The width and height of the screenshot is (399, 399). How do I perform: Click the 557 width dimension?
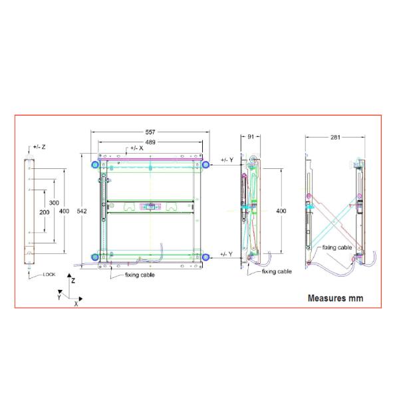click(x=150, y=132)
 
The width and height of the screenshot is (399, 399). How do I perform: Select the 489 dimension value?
click(x=150, y=142)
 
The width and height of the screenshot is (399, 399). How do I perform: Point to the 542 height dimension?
click(x=82, y=211)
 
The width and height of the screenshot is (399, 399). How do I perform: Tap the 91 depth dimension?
click(x=251, y=136)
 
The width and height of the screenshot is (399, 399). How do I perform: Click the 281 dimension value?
click(x=335, y=137)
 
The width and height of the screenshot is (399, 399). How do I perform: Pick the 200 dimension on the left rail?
click(x=45, y=212)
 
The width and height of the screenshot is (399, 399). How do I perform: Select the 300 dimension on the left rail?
click(x=54, y=203)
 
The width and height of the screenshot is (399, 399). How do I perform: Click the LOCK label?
click(x=49, y=274)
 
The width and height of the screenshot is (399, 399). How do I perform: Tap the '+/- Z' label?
click(x=39, y=147)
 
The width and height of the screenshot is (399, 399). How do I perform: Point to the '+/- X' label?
click(x=136, y=148)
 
